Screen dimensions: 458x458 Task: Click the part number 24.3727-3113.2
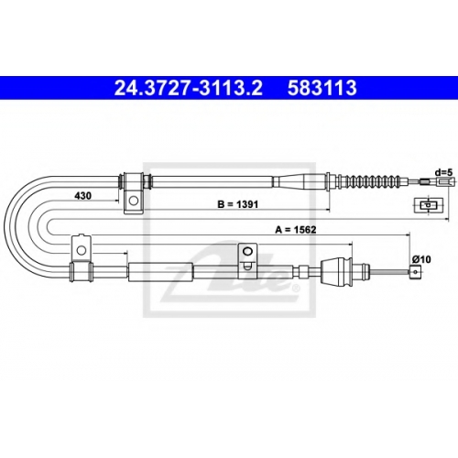click(188, 88)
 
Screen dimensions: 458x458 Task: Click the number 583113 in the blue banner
click(322, 88)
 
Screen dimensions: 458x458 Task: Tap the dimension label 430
click(83, 195)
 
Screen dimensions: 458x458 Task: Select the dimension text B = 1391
click(237, 204)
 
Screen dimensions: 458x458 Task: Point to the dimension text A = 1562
click(296, 229)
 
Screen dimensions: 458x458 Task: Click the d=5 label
click(443, 172)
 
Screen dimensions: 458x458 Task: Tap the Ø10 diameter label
click(421, 259)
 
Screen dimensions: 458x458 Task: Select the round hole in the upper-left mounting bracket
click(134, 201)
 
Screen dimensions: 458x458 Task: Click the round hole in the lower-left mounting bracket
click(81, 250)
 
